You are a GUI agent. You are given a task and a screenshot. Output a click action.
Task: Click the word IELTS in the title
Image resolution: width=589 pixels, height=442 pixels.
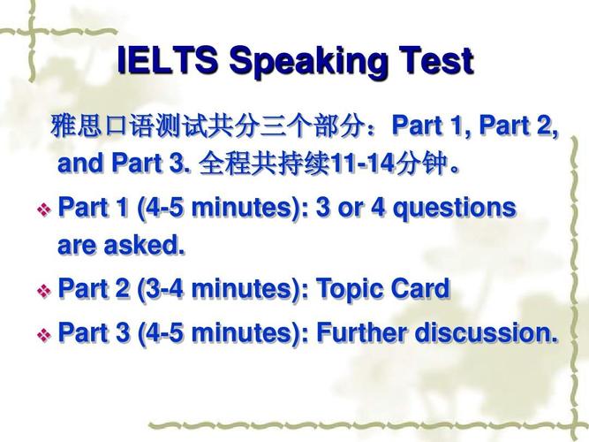click(x=168, y=60)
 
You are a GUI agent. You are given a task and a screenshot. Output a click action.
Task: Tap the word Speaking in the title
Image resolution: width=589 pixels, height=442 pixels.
click(x=308, y=63)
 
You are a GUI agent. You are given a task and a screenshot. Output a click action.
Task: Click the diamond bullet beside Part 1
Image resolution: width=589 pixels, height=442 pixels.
click(x=44, y=210)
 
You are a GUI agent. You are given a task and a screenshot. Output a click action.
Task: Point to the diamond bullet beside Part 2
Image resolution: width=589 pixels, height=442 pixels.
click(x=44, y=291)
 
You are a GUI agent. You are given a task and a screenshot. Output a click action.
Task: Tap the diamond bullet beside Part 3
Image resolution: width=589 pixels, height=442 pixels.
click(x=44, y=335)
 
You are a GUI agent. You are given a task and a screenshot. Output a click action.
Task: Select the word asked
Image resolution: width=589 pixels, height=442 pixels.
click(x=144, y=245)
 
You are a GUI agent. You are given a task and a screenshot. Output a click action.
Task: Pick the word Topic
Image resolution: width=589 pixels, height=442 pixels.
click(x=346, y=290)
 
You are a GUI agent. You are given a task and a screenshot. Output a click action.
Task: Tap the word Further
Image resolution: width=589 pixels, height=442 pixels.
click(x=362, y=332)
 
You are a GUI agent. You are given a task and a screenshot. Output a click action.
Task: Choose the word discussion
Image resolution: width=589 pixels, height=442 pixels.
click(x=486, y=332)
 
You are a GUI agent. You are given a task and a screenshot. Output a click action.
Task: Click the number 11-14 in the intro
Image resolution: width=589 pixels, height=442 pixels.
click(x=363, y=164)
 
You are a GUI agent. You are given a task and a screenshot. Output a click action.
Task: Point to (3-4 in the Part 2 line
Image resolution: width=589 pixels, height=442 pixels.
click(x=160, y=289)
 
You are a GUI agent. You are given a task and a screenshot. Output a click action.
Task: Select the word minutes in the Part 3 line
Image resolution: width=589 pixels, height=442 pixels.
click(x=243, y=332)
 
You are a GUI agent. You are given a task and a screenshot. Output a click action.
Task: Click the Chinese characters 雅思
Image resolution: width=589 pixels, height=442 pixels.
click(x=76, y=126)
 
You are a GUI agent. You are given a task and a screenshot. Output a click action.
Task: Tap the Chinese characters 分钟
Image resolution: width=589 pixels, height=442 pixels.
click(x=421, y=164)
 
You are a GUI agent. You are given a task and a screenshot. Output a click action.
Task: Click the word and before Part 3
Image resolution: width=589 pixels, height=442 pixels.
click(x=80, y=164)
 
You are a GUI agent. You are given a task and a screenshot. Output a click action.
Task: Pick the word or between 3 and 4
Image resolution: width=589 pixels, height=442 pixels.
click(x=351, y=210)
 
